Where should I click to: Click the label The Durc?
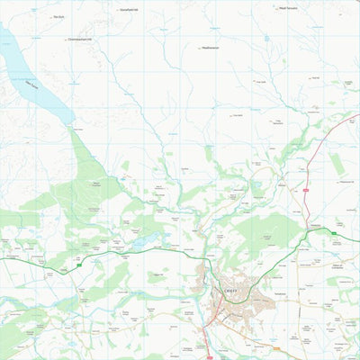tap(59, 16)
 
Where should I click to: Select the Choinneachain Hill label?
tap(80, 40)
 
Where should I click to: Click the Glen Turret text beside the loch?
tap(32, 87)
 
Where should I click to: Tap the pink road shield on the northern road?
tap(306, 190)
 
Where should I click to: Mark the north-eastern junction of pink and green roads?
tap(311, 229)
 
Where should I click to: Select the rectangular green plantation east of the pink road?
tap(337, 163)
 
